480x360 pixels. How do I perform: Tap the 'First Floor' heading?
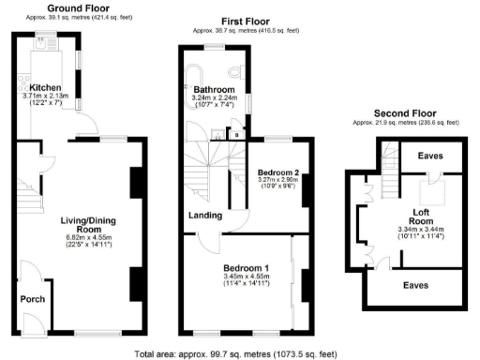tap(247, 20)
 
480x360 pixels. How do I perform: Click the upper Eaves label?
tap(431, 156)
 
